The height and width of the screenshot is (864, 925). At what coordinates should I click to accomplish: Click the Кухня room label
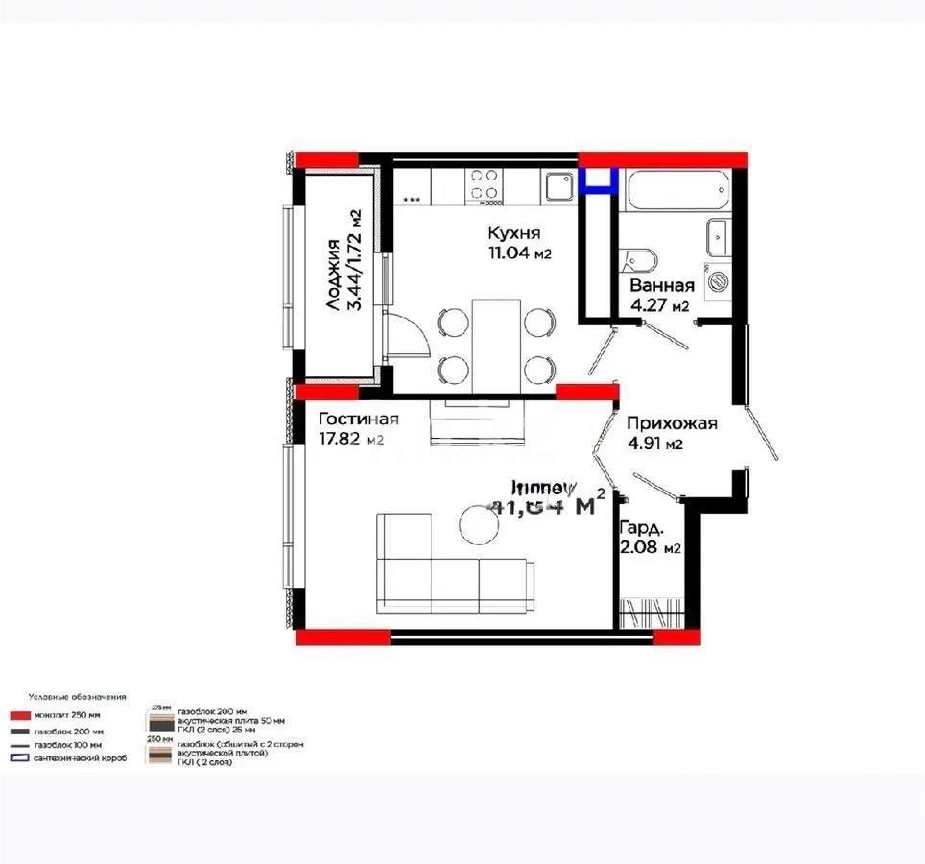coord(514,233)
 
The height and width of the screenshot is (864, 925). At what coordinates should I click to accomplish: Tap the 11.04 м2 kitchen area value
coord(519,254)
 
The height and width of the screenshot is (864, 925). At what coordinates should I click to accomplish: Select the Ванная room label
coord(662,286)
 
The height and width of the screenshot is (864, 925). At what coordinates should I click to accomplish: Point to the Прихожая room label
coord(672,423)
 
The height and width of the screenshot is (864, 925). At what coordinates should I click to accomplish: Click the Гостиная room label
coord(358,420)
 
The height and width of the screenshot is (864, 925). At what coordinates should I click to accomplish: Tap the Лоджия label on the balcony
coord(332,274)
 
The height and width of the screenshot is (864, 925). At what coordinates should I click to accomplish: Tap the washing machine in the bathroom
coord(717,281)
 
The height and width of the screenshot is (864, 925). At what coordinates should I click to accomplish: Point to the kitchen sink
coord(558,185)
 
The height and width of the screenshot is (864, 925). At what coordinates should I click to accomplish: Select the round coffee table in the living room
coord(477,523)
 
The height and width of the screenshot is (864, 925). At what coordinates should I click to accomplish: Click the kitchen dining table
coord(496,346)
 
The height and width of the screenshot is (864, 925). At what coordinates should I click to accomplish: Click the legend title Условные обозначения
coord(77,697)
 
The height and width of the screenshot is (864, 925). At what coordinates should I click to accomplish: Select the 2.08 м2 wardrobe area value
coord(651,548)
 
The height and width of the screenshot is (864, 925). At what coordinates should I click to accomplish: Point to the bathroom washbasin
coord(718,234)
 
